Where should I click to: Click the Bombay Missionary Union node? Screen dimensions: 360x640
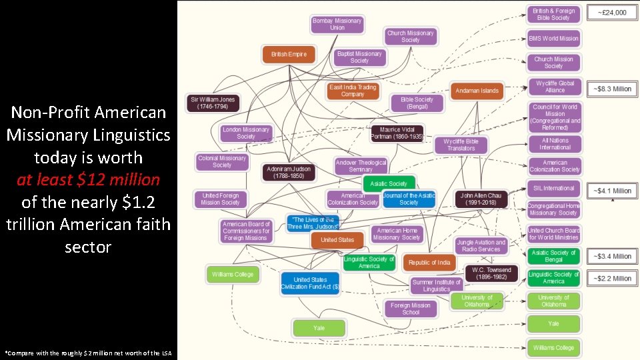tap(337, 24)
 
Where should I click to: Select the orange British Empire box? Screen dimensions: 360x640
tap(289, 54)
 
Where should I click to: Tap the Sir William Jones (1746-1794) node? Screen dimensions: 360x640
tap(213, 103)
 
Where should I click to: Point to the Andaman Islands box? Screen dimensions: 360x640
tap(477, 91)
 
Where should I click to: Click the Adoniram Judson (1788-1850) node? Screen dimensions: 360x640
tap(288, 173)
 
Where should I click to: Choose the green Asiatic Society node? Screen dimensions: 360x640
tap(389, 183)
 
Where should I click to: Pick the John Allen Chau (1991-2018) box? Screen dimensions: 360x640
tap(481, 199)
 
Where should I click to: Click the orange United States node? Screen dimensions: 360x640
tap(337, 240)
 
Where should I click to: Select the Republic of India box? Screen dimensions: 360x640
tap(429, 263)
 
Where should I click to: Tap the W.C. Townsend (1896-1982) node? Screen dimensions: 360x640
tap(491, 273)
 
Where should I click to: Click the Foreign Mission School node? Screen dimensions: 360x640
tap(411, 309)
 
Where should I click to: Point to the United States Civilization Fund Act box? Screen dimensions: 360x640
tap(310, 283)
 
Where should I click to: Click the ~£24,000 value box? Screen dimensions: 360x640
tap(611, 13)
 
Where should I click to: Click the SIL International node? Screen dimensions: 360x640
tap(553, 188)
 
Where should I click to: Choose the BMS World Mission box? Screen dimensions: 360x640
tap(553, 38)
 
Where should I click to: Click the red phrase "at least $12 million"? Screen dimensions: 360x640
tap(88, 179)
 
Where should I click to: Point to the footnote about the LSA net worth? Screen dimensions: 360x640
tap(87, 352)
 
